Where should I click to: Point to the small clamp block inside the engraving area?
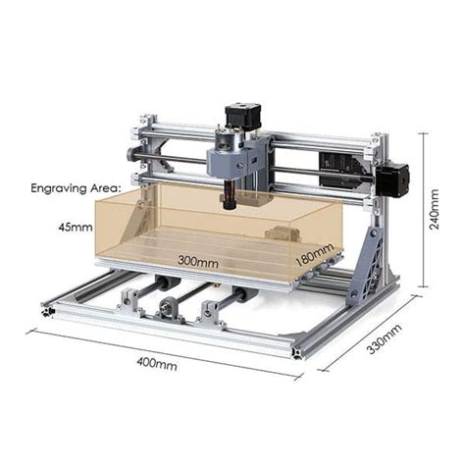pos(281,234)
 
